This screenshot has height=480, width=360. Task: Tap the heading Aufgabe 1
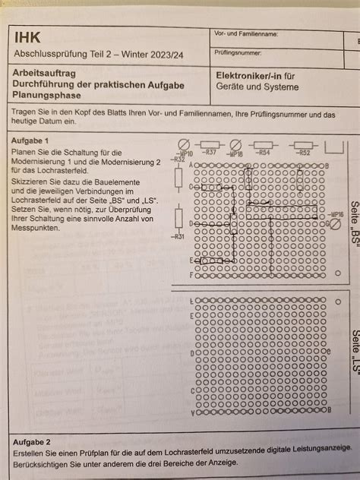(30, 141)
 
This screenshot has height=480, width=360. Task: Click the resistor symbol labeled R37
(209, 144)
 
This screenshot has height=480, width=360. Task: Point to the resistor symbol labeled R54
(263, 144)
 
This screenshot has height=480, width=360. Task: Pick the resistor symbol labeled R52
(304, 144)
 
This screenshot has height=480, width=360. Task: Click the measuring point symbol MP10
(183, 144)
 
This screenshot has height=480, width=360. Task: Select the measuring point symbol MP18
(235, 144)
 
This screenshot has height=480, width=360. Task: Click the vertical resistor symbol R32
(178, 178)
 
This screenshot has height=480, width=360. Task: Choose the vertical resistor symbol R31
(178, 218)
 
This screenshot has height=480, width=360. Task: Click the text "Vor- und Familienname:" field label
(246, 34)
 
